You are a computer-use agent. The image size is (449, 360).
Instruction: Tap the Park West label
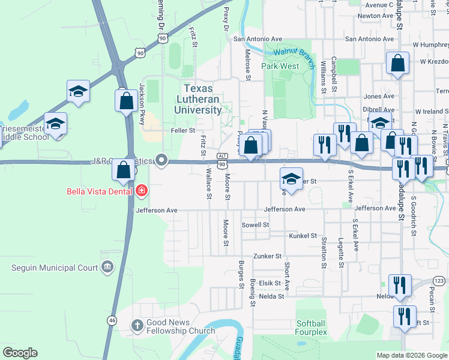point(280,66)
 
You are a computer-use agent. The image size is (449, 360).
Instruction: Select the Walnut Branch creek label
point(294,53)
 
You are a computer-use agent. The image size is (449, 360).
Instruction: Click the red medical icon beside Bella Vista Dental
point(142,191)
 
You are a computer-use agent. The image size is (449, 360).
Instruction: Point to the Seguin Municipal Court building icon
point(108,266)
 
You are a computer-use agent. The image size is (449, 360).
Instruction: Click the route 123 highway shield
point(439,281)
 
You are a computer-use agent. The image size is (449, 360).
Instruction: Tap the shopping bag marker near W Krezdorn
point(398,63)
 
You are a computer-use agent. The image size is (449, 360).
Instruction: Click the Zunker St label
point(267,256)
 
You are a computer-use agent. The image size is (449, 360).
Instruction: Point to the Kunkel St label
point(303,236)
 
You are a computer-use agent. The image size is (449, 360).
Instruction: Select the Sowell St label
point(255,224)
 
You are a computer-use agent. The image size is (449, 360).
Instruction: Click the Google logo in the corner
point(20,353)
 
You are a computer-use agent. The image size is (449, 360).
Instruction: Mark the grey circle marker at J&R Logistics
point(161,160)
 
